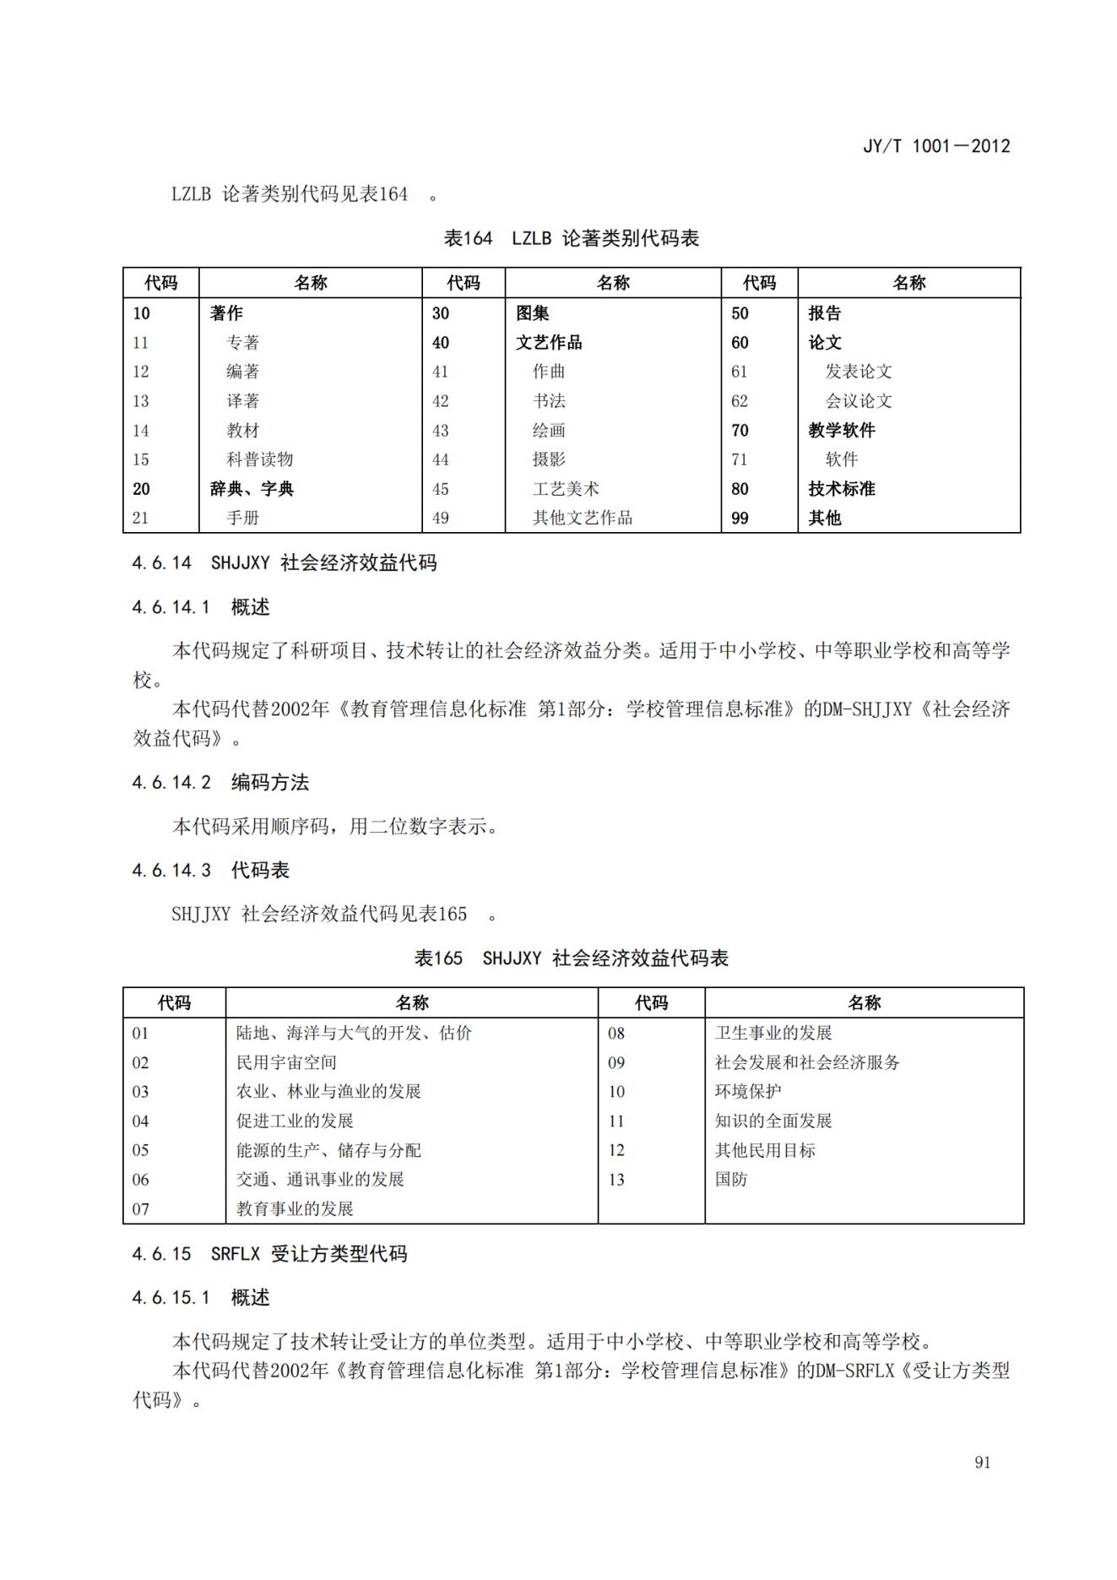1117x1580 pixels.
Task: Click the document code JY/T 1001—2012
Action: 935,146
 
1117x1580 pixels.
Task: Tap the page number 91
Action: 982,1463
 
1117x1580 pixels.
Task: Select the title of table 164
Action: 571,239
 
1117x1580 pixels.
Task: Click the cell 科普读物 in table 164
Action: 259,459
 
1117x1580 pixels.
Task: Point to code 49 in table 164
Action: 441,518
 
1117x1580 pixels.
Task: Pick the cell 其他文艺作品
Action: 583,518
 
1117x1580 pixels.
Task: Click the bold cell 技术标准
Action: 842,489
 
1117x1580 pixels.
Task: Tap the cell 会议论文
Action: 858,401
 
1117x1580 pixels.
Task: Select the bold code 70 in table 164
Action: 740,431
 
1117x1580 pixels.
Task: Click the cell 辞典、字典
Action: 252,489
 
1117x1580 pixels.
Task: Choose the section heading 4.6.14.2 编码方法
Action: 220,783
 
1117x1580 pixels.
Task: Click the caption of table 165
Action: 571,958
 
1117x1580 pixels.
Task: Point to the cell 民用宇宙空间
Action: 286,1062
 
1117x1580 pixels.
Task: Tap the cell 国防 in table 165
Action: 731,1179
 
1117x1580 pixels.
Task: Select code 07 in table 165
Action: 140,1208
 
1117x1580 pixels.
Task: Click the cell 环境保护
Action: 748,1091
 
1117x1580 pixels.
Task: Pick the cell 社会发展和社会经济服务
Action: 807,1062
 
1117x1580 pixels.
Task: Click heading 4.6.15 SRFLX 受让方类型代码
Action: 269,1254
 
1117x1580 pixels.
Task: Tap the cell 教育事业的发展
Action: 295,1208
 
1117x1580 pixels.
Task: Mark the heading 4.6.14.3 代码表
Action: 210,871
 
